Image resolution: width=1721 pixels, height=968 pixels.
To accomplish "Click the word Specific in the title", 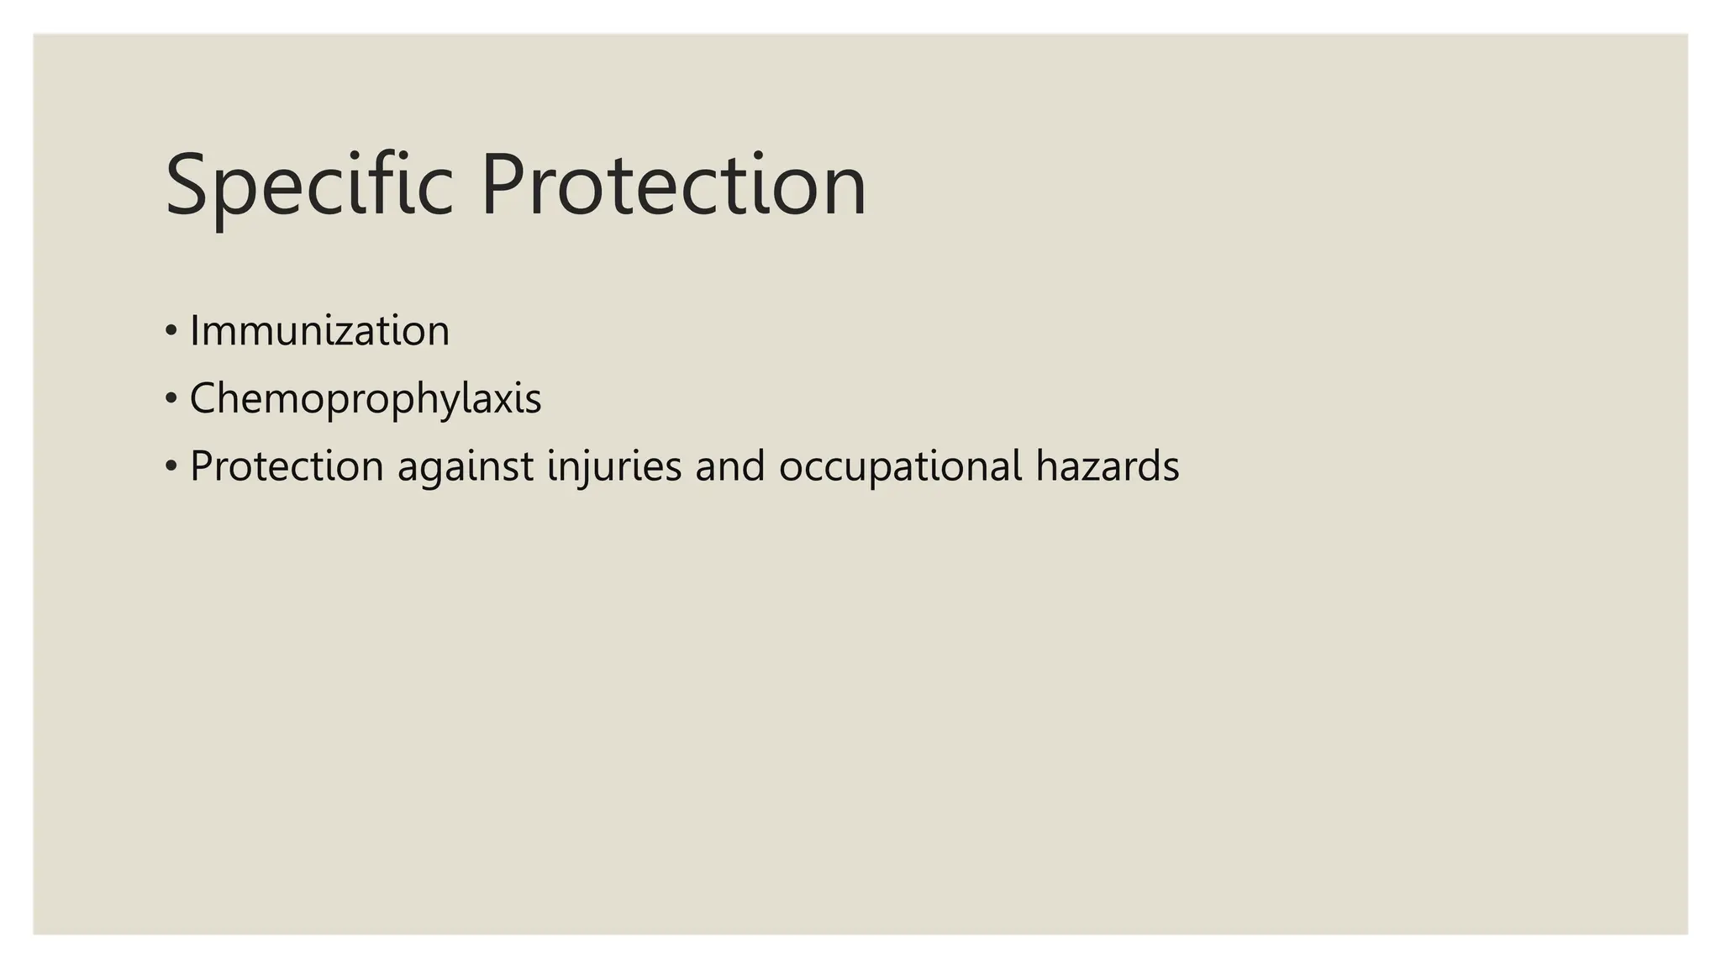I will pos(309,185).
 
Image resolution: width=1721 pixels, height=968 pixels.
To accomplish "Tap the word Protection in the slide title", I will pos(673,185).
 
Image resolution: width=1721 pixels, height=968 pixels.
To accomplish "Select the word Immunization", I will pos(319,330).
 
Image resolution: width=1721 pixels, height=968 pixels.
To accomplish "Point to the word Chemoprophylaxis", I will pos(366,398).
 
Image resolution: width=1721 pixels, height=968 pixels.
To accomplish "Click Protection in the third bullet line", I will pos(287,466).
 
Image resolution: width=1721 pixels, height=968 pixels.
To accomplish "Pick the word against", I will pos(466,467).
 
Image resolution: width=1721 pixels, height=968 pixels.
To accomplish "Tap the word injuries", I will pos(614,466).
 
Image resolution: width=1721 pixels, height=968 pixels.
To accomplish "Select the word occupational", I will pos(900,467).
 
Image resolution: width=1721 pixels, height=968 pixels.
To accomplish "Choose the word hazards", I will pos(1108,466).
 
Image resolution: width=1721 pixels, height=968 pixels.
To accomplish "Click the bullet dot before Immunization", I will pos(171,330).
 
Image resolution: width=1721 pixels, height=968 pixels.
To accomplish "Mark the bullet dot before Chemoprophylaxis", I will pos(171,398).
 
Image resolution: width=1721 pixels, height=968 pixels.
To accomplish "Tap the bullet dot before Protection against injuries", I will pos(171,466).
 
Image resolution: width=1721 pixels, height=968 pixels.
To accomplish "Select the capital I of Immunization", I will pos(195,330).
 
